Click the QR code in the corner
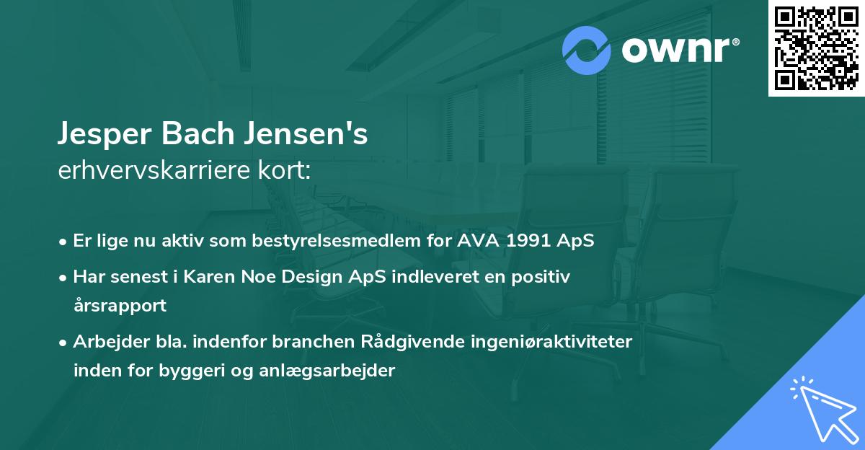point(816,48)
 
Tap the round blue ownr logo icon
point(587,51)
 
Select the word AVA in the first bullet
point(478,241)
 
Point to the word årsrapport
point(120,305)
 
